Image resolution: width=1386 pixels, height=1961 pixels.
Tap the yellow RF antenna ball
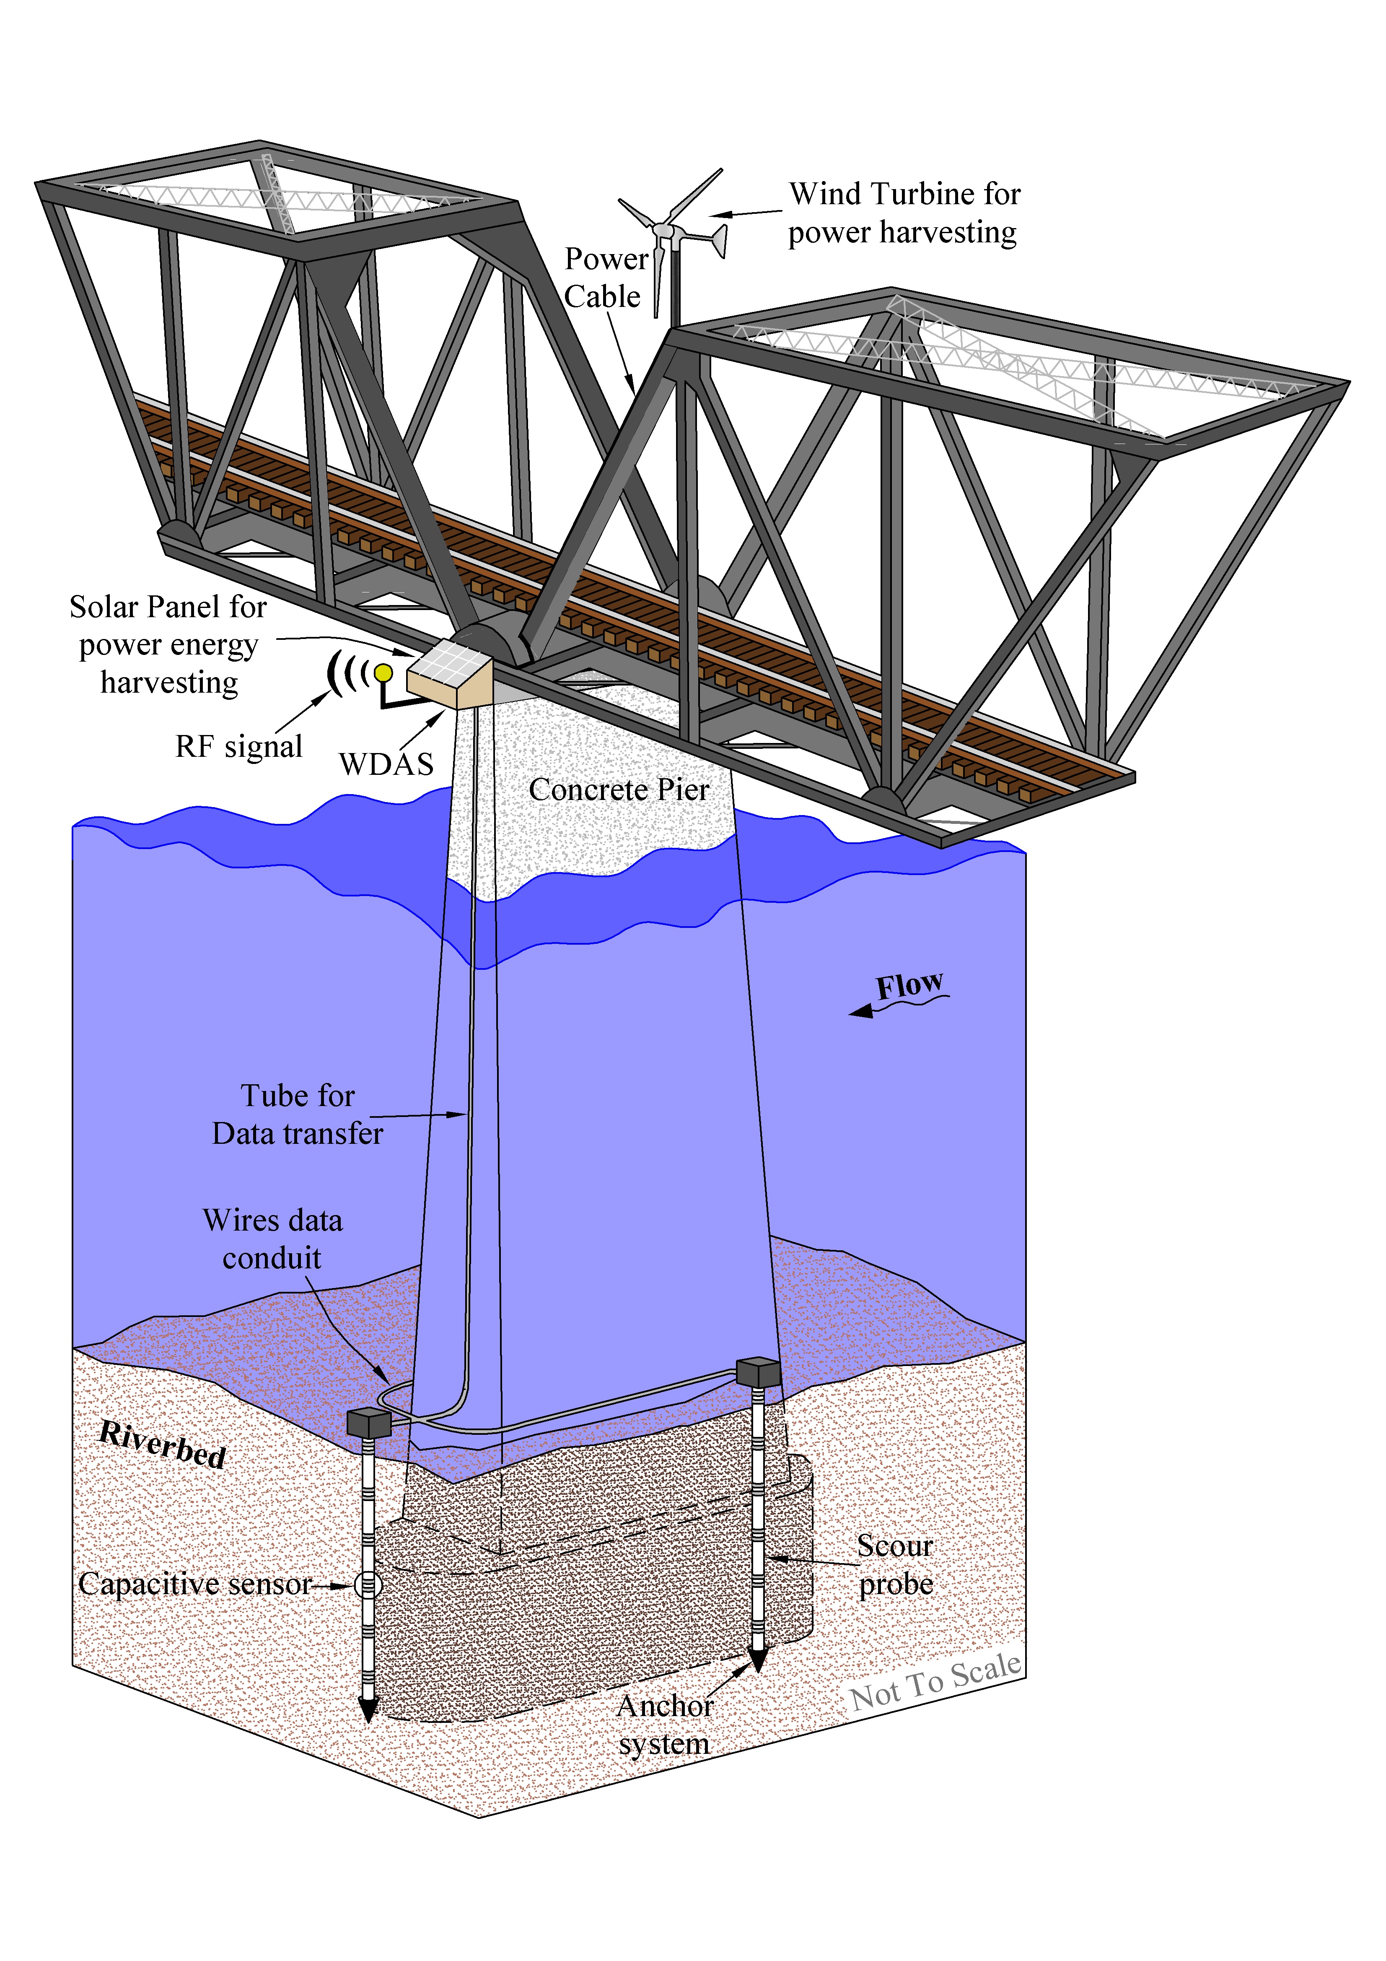click(x=383, y=673)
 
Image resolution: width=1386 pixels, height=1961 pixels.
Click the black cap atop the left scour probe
click(x=369, y=1423)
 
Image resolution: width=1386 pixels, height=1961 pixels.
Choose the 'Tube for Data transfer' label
click(x=297, y=1114)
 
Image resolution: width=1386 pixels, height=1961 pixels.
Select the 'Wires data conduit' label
click(x=272, y=1239)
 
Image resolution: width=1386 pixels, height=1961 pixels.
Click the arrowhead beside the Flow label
click(x=861, y=1011)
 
